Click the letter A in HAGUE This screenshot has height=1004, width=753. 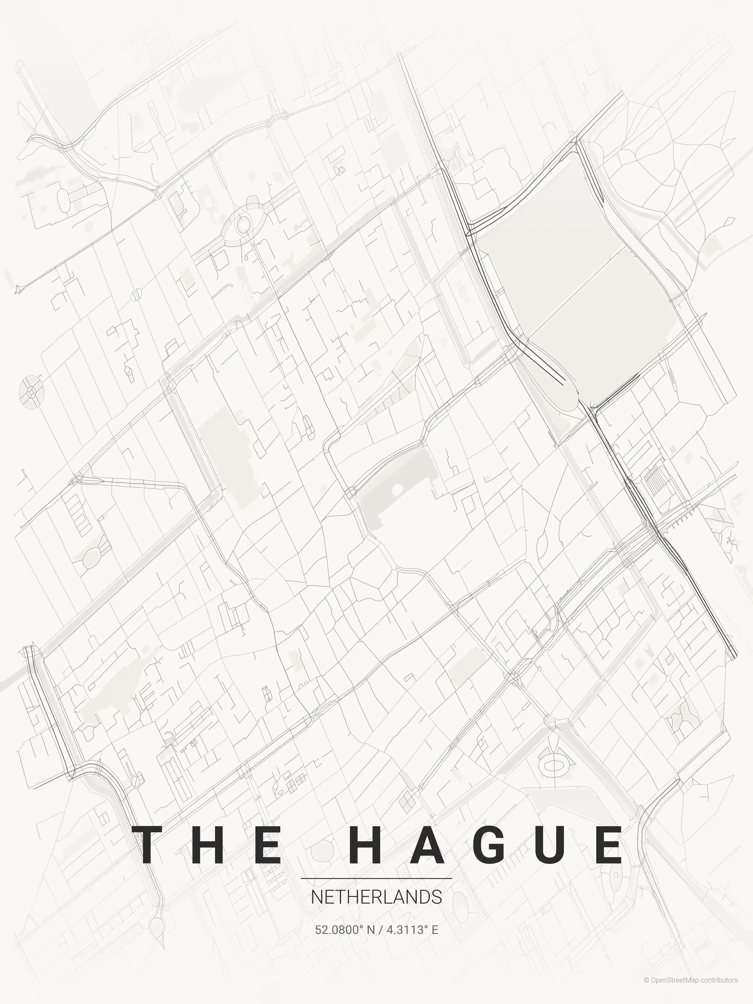click(x=426, y=845)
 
